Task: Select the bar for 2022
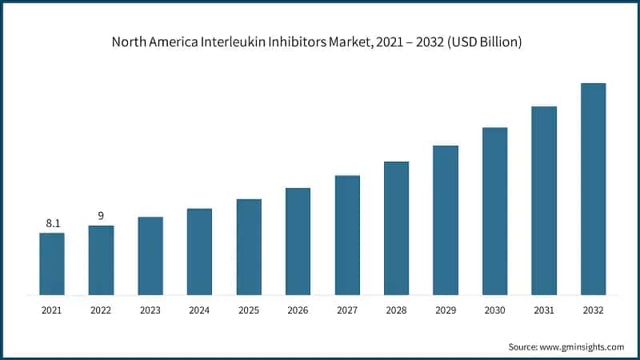tap(101, 260)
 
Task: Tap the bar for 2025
tap(249, 246)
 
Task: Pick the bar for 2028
tap(396, 228)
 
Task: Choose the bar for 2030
tap(494, 211)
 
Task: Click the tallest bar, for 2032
tap(593, 189)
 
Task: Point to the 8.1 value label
tap(53, 223)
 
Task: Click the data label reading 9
tap(101, 216)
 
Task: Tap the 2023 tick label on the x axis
tap(150, 310)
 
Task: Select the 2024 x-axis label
tap(199, 310)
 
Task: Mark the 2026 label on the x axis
tap(298, 310)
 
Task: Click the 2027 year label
tap(347, 310)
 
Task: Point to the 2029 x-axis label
tap(446, 310)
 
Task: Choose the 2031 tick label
tap(544, 310)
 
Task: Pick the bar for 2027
tap(347, 235)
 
